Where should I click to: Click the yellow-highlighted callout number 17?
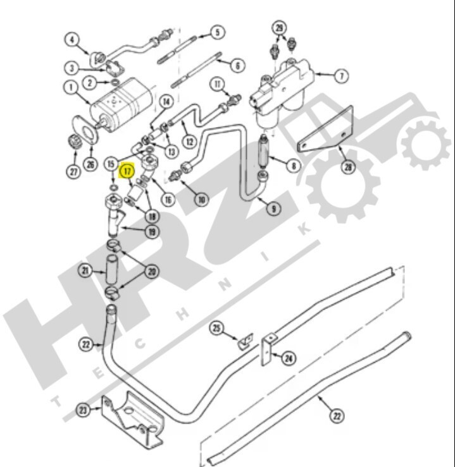[127, 171]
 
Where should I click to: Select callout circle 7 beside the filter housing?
[341, 76]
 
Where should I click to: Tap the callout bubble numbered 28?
[348, 167]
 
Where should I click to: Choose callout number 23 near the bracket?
[83, 410]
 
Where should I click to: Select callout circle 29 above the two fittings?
[279, 28]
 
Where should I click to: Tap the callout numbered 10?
[202, 199]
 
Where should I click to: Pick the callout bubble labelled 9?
[274, 209]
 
